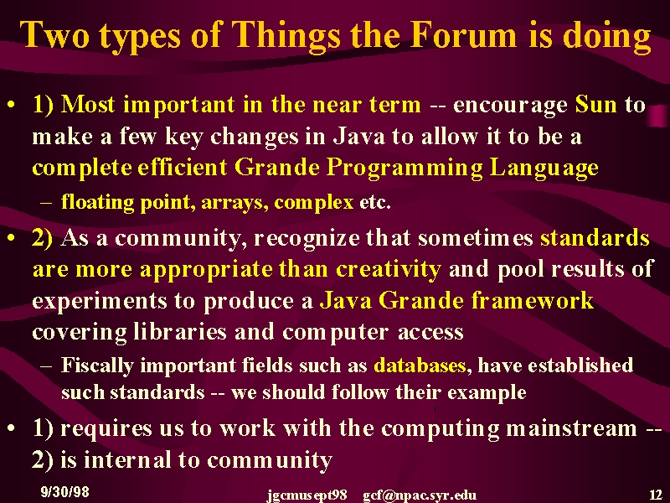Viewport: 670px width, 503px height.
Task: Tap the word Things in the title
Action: click(x=287, y=37)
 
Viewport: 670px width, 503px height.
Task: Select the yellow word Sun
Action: click(x=596, y=104)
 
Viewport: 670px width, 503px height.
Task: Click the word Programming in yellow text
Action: click(x=405, y=169)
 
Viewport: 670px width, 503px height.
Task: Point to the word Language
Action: click(x=544, y=169)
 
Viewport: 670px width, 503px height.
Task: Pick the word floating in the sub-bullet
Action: click(x=97, y=202)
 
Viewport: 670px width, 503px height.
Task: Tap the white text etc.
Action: click(x=375, y=202)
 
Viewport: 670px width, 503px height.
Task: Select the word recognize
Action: click(x=307, y=239)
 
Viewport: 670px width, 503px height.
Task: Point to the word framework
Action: click(x=533, y=300)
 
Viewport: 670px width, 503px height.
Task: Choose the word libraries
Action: click(x=180, y=331)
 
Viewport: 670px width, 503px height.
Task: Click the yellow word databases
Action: click(x=420, y=366)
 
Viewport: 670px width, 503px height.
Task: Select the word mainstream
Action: click(x=572, y=428)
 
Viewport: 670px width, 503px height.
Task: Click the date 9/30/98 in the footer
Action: click(x=65, y=491)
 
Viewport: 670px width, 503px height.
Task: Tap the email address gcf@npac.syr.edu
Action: click(x=420, y=495)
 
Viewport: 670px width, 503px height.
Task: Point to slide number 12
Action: click(x=656, y=495)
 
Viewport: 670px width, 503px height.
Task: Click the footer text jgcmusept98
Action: click(x=307, y=495)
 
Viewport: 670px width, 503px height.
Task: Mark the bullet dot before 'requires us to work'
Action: click(x=13, y=428)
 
